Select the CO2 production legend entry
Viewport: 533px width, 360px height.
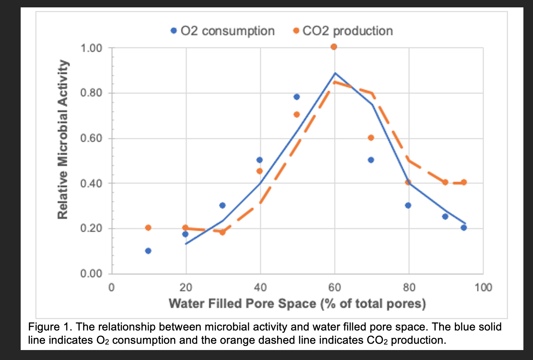343,31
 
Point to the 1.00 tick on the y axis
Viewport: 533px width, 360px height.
91,48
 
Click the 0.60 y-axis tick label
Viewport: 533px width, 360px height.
91,139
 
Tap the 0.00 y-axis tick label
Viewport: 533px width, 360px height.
91,274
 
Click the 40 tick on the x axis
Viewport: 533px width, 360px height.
260,287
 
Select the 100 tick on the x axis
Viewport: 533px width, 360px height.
483,287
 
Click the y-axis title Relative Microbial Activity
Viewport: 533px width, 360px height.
63,139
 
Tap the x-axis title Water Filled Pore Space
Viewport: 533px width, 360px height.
297,304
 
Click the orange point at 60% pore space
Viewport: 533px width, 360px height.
334,47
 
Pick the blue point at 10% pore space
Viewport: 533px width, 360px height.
148,251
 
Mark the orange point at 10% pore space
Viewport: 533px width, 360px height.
148,228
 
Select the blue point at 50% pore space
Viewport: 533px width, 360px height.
296,97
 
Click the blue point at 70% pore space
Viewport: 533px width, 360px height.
371,160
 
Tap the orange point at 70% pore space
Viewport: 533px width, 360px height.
371,138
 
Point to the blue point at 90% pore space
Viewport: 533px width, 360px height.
445,217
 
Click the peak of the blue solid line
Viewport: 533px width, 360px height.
335,73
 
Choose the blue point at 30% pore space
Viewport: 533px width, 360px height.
222,205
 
